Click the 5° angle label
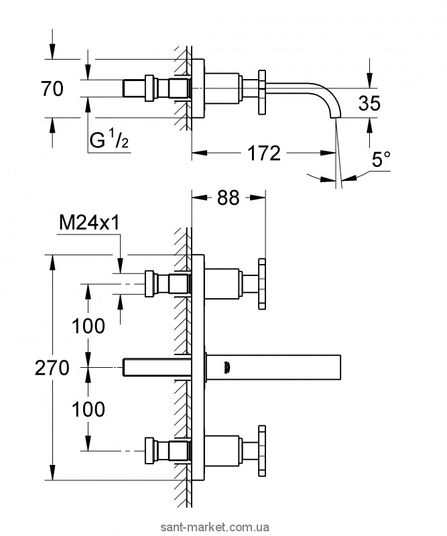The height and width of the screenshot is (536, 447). (381, 160)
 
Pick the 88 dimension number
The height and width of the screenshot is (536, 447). (228, 199)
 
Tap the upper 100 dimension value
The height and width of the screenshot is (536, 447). (89, 326)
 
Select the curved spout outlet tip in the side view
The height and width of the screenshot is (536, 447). (335, 115)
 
